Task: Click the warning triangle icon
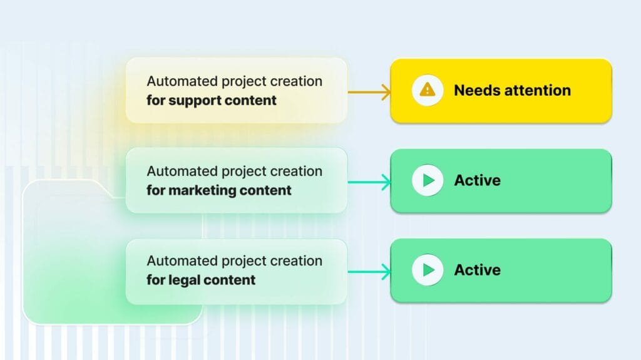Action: pos(428,90)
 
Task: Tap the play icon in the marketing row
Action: pos(428,180)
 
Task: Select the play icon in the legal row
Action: pos(428,270)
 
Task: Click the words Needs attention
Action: pos(512,90)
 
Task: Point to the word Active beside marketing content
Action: pos(477,180)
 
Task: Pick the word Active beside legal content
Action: pos(477,270)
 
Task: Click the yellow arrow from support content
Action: pos(369,91)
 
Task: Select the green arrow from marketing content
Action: pos(369,183)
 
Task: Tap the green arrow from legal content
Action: pos(369,272)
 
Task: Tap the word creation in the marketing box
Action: pos(296,172)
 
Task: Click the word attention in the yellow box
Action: pos(533,90)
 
